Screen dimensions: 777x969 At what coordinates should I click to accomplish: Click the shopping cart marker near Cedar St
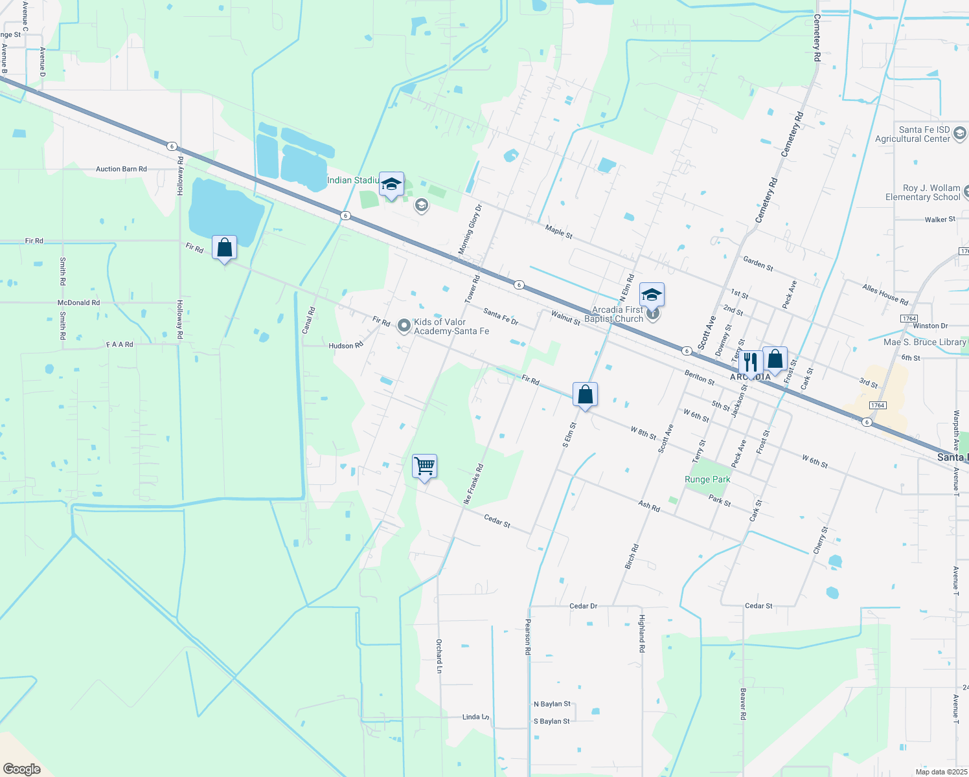pyautogui.click(x=424, y=466)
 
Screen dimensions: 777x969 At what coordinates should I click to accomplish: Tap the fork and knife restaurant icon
pyautogui.click(x=750, y=362)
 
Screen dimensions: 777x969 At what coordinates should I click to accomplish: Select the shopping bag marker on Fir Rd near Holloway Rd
pyautogui.click(x=224, y=247)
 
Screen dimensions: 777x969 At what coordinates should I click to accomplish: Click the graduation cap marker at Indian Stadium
pyautogui.click(x=391, y=185)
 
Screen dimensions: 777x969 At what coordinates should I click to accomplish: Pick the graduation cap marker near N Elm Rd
pyautogui.click(x=652, y=295)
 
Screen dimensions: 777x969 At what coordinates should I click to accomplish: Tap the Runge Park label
pyautogui.click(x=707, y=479)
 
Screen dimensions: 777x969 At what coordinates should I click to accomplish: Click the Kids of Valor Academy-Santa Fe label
pyautogui.click(x=451, y=326)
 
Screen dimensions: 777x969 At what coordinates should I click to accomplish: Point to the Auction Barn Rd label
pyautogui.click(x=121, y=169)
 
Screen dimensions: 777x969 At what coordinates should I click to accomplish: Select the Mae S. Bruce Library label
pyautogui.click(x=925, y=342)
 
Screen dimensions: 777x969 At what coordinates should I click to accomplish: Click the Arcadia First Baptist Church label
pyautogui.click(x=613, y=314)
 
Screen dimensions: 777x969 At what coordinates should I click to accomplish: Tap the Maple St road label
pyautogui.click(x=558, y=231)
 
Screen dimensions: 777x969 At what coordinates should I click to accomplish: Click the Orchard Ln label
pyautogui.click(x=439, y=655)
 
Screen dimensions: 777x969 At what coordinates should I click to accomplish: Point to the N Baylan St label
pyautogui.click(x=552, y=704)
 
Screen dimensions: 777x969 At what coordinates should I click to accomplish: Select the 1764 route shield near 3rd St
pyautogui.click(x=877, y=405)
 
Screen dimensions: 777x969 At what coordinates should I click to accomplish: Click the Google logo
pyautogui.click(x=21, y=769)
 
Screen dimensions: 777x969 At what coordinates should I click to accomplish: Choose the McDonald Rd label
pyautogui.click(x=78, y=302)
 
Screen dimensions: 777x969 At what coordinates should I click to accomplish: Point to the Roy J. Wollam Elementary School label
pyautogui.click(x=922, y=192)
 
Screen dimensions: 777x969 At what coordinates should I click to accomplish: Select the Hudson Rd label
pyautogui.click(x=346, y=346)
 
